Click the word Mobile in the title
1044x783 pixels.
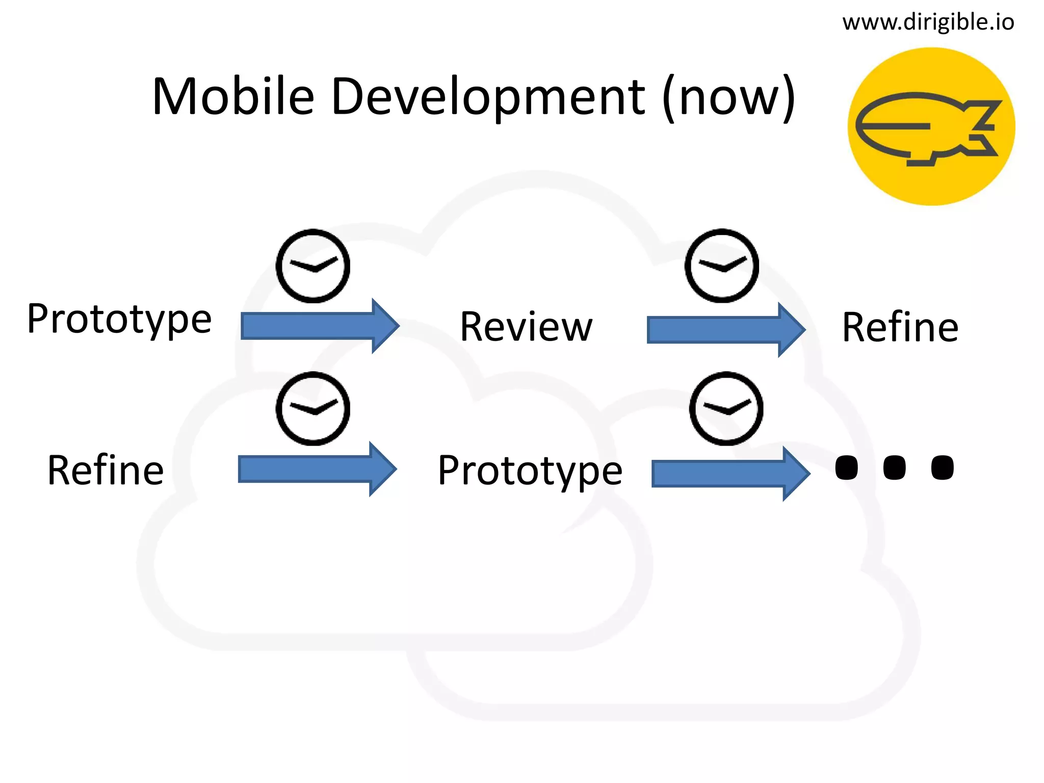233,97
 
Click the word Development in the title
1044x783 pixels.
488,97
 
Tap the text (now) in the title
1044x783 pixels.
729,97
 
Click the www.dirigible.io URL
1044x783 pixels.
928,22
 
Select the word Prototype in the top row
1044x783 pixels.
119,320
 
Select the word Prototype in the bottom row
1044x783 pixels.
530,471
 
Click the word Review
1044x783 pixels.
526,327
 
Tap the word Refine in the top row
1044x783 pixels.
900,327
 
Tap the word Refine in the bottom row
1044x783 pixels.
106,470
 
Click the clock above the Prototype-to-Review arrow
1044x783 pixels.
313,266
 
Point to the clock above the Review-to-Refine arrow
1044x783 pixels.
721,266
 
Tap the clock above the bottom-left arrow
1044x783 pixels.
313,408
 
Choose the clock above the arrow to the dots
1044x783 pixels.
726,408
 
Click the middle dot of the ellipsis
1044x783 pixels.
894,467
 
